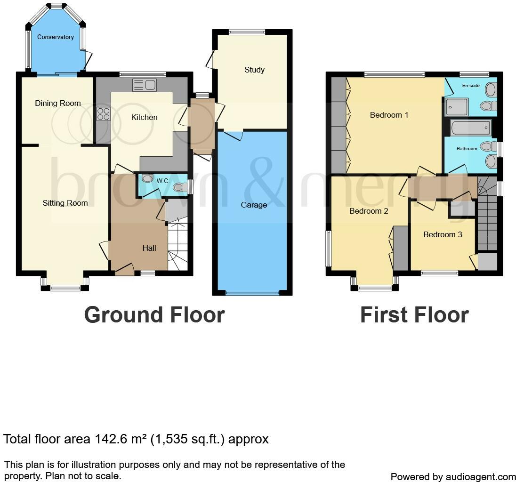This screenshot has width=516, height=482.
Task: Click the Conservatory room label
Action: click(x=56, y=37)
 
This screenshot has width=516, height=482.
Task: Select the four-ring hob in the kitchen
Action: click(x=103, y=114)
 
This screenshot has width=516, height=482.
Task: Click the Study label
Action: click(x=254, y=70)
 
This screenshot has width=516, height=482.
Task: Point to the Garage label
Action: click(x=254, y=205)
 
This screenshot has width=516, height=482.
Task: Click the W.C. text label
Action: click(x=163, y=181)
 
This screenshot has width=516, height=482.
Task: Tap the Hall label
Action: click(x=149, y=248)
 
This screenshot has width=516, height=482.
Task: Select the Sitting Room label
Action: click(x=65, y=203)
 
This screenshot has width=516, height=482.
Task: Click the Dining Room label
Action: click(x=58, y=103)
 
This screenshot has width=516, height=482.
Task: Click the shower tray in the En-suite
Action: click(x=456, y=107)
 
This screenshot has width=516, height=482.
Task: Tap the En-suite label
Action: click(x=471, y=86)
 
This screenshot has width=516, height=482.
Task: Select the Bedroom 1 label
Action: click(x=389, y=115)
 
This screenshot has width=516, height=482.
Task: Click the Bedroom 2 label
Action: click(x=369, y=211)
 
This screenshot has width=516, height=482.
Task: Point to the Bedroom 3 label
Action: click(x=443, y=234)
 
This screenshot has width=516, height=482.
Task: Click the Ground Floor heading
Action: click(x=154, y=315)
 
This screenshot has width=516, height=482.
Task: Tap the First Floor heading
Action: click(x=414, y=315)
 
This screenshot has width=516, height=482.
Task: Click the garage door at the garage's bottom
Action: click(x=252, y=293)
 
